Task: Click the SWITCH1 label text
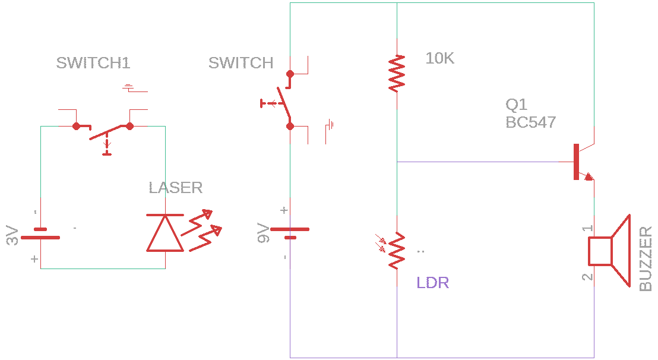[93, 63]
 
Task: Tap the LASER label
[175, 188]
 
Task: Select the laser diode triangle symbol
[165, 233]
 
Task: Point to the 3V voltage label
[12, 236]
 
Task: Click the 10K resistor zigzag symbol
[397, 73]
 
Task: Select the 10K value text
[439, 58]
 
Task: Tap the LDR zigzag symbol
[396, 251]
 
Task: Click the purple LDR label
[432, 283]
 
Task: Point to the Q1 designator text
[516, 105]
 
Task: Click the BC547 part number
[530, 122]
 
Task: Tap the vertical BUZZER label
[646, 258]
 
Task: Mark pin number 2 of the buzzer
[587, 277]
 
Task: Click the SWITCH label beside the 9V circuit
[241, 63]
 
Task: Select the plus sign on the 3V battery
[34, 259]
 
